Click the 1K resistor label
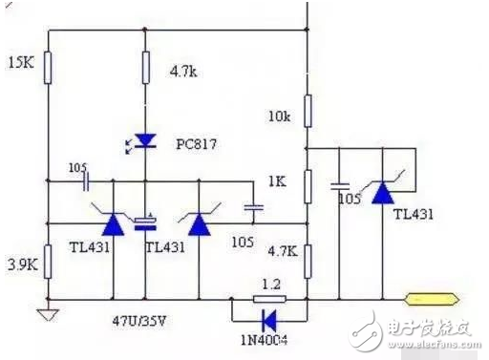(x=278, y=181)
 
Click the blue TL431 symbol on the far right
(x=383, y=194)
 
